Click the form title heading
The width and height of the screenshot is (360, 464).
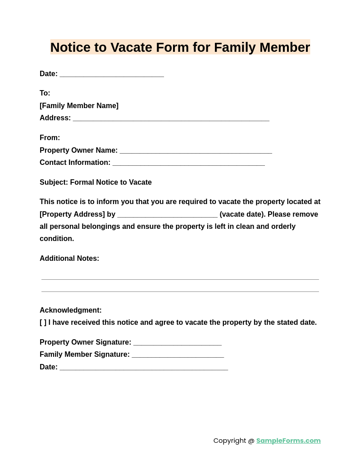(180, 47)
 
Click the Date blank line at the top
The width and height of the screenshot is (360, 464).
(112, 74)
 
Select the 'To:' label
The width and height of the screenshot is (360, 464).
(45, 93)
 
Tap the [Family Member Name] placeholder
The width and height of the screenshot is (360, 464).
(79, 106)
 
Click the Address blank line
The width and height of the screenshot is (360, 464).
(171, 118)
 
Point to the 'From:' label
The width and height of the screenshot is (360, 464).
(50, 138)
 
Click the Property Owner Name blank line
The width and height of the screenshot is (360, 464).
(196, 151)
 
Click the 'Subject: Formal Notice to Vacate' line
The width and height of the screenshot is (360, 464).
(96, 182)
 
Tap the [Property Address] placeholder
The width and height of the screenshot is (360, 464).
(72, 214)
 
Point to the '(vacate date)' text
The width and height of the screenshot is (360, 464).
(242, 214)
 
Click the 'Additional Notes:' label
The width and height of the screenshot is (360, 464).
(69, 259)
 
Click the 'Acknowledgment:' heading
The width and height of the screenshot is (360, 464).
(71, 310)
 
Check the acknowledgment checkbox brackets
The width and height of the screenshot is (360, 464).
(43, 323)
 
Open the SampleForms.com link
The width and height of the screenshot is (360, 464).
(288, 441)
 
